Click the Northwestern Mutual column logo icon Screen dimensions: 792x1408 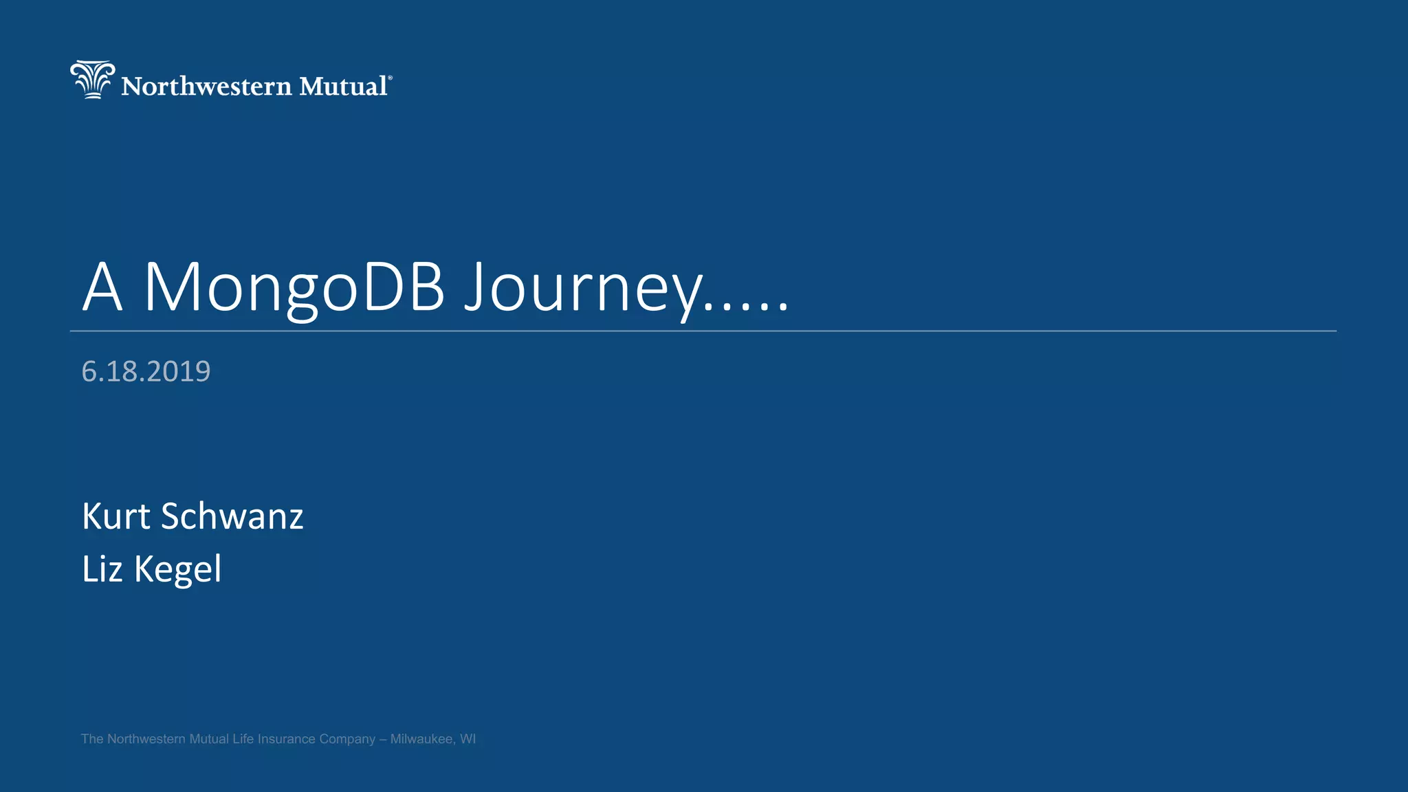pos(92,79)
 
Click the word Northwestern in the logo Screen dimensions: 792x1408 pos(206,87)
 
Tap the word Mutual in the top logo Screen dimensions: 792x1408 pos(343,87)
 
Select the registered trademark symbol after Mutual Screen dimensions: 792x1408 pos(390,78)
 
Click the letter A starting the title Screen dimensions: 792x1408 pos(102,289)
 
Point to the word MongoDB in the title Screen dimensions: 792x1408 pos(294,289)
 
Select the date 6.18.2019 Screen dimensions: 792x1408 pos(146,371)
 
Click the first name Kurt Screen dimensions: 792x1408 pos(115,516)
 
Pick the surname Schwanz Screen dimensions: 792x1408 pos(232,516)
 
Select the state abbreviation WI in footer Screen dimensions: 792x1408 pos(468,739)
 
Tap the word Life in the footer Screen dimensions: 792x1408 pos(243,739)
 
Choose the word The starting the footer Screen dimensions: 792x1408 pos(92,739)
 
